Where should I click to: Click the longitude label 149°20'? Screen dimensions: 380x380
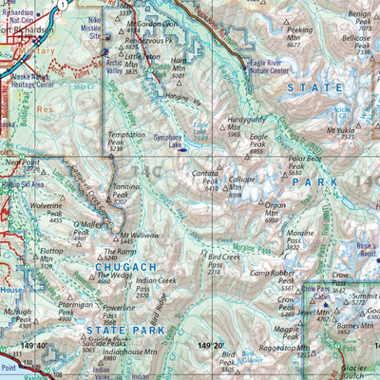point(211,346)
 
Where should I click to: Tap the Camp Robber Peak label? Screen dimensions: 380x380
point(275,273)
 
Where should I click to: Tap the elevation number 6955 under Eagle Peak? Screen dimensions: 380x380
point(256,151)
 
